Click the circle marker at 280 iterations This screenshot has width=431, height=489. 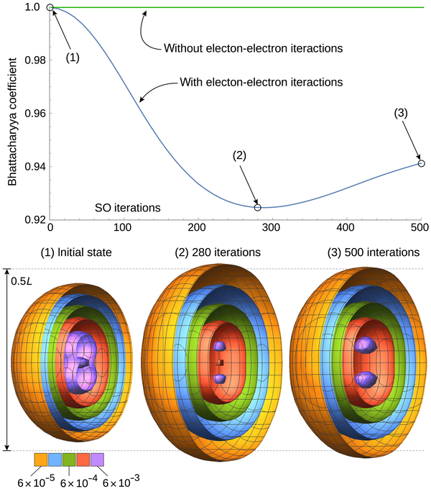pyautogui.click(x=258, y=207)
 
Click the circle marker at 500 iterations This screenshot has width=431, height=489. pyautogui.click(x=421, y=163)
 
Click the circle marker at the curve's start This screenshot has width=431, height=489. pyautogui.click(x=50, y=7)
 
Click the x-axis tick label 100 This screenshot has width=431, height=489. pyautogui.click(x=124, y=228)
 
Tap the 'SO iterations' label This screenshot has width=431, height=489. pyautogui.click(x=127, y=208)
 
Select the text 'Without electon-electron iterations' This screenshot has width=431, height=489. pyautogui.click(x=251, y=49)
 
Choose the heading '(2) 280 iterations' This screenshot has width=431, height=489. pyautogui.click(x=218, y=253)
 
